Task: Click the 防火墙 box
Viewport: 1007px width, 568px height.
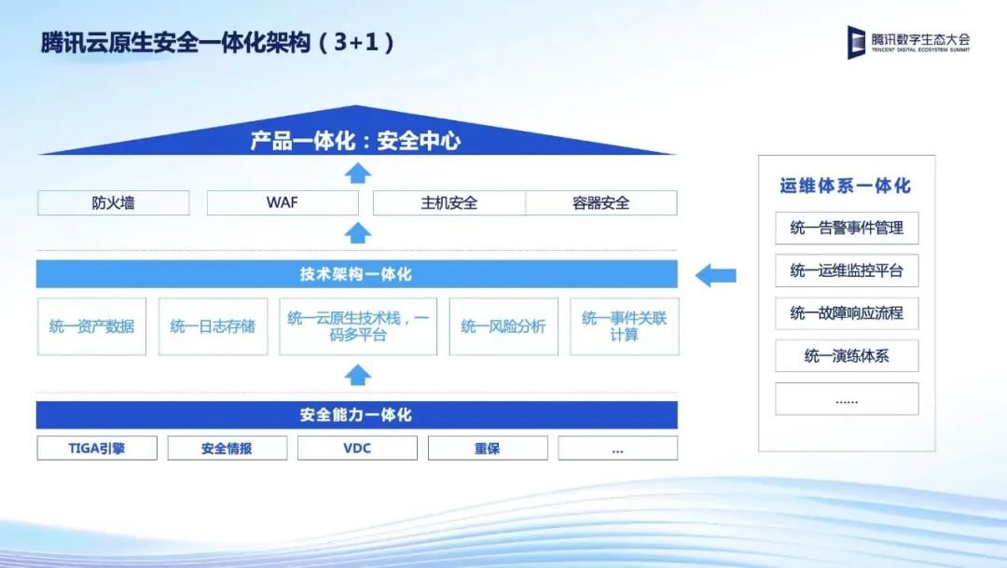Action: point(114,203)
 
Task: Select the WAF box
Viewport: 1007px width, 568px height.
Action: point(283,203)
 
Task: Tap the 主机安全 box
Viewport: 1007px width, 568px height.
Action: point(448,203)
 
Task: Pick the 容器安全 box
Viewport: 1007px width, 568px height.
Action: point(601,203)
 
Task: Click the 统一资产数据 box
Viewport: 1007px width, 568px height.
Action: point(91,326)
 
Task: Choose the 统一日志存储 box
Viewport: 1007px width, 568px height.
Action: point(214,326)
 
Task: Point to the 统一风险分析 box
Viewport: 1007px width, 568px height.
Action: point(504,326)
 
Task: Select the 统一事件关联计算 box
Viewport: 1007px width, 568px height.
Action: point(624,326)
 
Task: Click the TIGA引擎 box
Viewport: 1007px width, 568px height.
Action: point(97,449)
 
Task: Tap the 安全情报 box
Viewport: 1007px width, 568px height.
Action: point(228,449)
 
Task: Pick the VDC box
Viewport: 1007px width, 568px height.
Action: point(357,449)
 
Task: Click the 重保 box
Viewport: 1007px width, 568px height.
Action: point(488,449)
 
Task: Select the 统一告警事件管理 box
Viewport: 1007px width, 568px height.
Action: point(847,229)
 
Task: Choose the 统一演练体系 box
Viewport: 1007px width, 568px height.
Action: point(847,356)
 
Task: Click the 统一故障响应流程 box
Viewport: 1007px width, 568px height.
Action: point(847,313)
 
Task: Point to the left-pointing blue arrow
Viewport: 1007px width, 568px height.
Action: point(715,276)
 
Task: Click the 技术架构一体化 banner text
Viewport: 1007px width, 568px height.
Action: point(356,274)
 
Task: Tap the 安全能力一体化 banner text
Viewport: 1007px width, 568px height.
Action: point(356,415)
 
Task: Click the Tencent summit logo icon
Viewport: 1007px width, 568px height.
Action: point(856,42)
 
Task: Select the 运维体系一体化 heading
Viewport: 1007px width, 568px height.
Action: point(846,186)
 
